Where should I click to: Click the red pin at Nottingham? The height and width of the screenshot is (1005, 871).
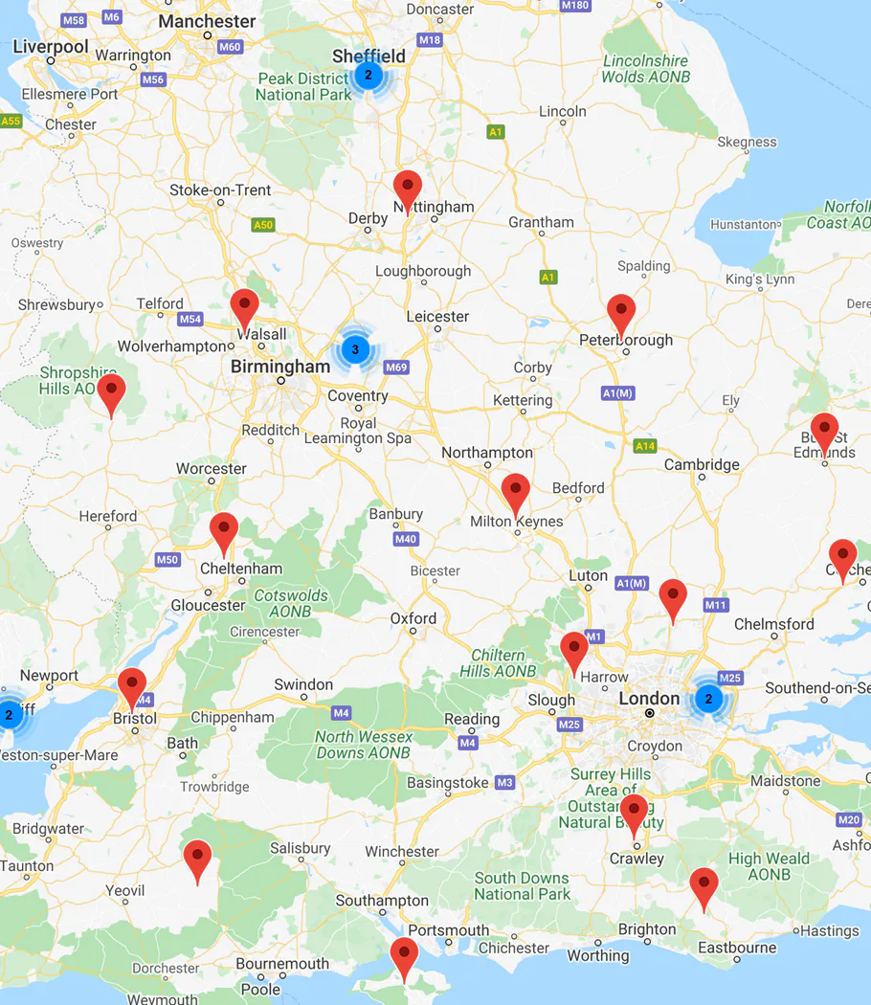[408, 189]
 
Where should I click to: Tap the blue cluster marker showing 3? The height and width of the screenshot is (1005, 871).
[355, 349]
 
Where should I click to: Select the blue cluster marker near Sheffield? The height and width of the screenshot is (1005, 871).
[368, 75]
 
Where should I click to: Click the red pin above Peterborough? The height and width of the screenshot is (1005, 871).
[621, 312]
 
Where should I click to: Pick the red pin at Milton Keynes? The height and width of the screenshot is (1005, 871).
[515, 491]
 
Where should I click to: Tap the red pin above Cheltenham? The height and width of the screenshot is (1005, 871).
[224, 530]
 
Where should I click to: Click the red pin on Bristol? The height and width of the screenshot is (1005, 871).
[132, 685]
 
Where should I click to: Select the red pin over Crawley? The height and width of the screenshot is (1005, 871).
[634, 812]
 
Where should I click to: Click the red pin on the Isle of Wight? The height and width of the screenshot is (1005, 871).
[404, 955]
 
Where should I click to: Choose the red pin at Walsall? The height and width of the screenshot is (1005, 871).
[245, 306]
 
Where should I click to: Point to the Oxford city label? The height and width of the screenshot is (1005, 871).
[413, 618]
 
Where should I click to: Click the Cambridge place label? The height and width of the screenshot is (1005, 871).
[703, 465]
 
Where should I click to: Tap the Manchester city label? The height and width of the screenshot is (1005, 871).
[207, 21]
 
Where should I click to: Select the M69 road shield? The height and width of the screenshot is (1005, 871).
[396, 368]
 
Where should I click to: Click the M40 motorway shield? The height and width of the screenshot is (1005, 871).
[406, 539]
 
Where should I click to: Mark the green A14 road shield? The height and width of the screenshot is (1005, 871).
[644, 446]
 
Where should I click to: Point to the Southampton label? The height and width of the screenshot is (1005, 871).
[382, 901]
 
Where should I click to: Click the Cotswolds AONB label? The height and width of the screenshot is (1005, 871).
[290, 603]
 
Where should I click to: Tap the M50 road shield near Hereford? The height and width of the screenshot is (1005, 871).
[167, 559]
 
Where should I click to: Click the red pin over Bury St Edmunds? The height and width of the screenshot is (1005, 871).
[824, 431]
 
